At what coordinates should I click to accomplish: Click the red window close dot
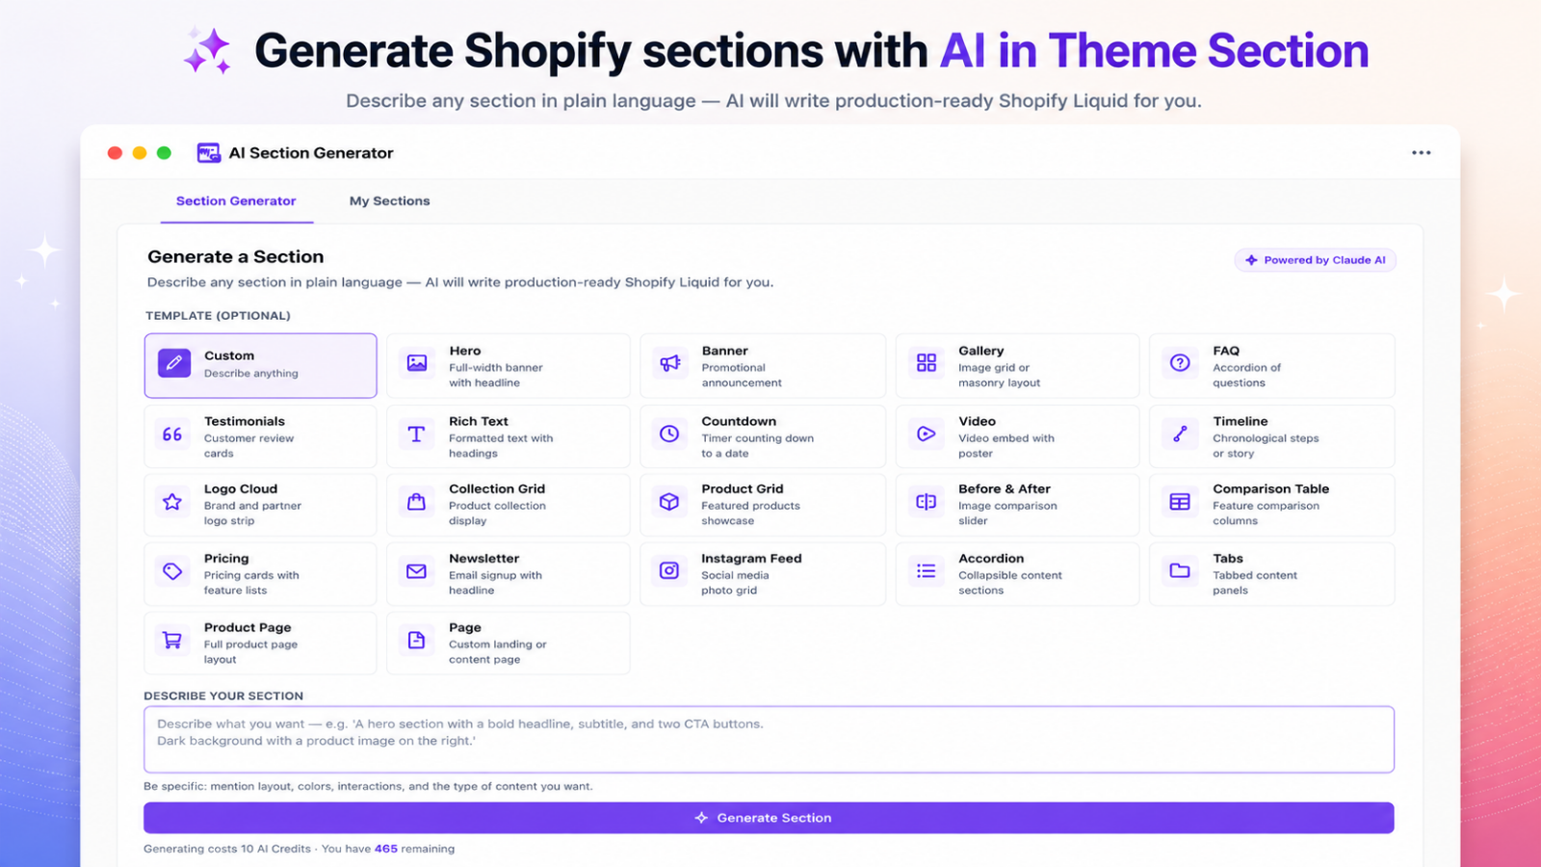coord(115,153)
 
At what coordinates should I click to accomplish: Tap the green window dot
coord(164,153)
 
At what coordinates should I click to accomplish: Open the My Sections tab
coord(389,201)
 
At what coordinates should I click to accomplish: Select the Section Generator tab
coord(236,201)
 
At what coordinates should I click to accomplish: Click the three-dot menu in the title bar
coord(1422,153)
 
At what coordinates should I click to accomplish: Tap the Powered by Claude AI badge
coord(1316,260)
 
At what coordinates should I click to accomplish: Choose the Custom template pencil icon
coord(174,362)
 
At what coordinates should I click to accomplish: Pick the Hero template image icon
coord(417,362)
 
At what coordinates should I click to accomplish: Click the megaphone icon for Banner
coord(670,362)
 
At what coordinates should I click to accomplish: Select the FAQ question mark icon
coord(1180,362)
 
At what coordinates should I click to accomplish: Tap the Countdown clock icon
coord(669,433)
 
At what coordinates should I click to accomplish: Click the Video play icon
coord(926,433)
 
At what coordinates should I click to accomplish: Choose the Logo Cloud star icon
coord(172,502)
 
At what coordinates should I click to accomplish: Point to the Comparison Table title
coord(1270,488)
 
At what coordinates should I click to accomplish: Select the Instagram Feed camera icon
coord(669,570)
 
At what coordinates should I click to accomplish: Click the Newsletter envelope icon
coord(416,571)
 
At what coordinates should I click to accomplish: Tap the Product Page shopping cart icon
coord(172,640)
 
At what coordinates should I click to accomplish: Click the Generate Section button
coord(769,818)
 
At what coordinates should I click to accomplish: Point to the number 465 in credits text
coord(386,849)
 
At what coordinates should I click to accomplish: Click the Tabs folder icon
coord(1180,570)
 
